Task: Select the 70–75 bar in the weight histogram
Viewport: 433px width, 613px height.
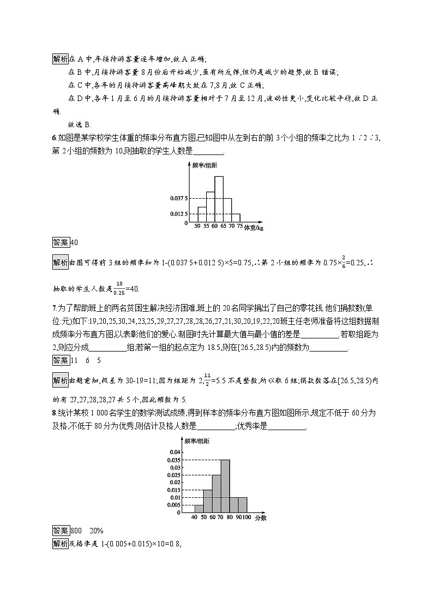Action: [236, 218]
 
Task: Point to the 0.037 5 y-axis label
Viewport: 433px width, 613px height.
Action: [179, 198]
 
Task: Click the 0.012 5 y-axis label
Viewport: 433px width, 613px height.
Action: [179, 213]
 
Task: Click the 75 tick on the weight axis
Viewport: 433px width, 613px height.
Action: [240, 225]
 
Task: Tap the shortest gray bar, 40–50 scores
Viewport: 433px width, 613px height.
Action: [199, 508]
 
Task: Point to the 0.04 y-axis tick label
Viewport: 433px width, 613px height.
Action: [175, 453]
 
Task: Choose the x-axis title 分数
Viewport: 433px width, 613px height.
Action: [260, 517]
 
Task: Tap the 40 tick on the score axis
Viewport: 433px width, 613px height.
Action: [195, 517]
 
